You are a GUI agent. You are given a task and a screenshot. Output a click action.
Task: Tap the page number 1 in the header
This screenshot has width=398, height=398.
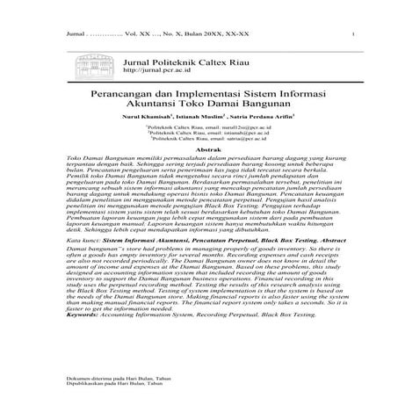(x=351, y=35)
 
